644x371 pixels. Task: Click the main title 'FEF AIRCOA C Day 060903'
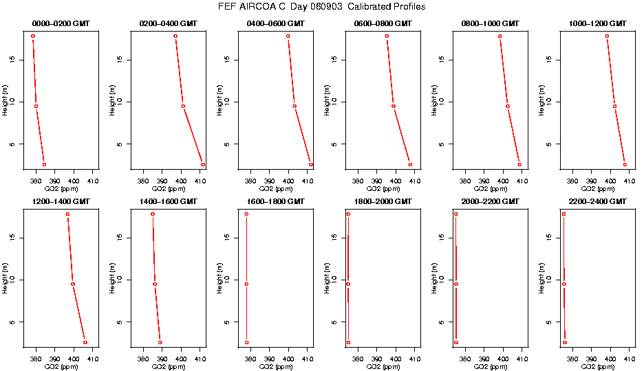(321, 7)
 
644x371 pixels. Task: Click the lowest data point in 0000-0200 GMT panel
(44, 164)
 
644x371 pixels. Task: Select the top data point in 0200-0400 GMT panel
(175, 36)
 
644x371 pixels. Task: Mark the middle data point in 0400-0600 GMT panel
(294, 106)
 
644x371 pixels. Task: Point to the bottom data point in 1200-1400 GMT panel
(85, 342)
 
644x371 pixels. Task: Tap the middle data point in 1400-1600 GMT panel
(155, 284)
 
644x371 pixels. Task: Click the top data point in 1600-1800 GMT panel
(246, 214)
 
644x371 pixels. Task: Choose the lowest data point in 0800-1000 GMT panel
(519, 164)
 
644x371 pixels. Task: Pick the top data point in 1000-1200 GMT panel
(607, 36)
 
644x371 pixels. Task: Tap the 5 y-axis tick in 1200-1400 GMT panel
(14, 322)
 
